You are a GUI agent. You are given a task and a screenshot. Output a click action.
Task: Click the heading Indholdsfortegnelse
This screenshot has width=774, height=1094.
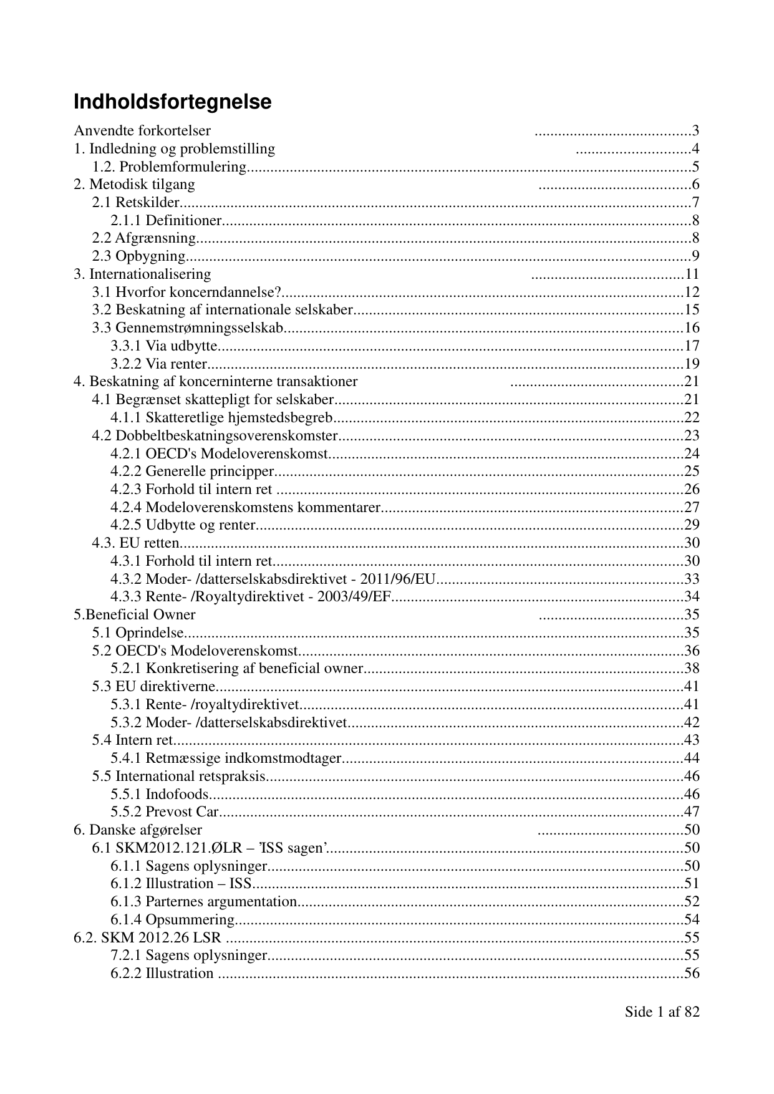[x=172, y=102]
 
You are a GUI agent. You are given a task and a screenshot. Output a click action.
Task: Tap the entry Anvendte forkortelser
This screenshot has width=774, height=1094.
[x=142, y=131]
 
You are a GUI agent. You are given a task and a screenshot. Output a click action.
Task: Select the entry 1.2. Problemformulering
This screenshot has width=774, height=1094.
[x=170, y=167]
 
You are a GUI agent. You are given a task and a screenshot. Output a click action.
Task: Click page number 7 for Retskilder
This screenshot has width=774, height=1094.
[x=695, y=203]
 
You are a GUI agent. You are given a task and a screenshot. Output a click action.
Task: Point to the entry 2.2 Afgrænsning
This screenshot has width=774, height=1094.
[x=144, y=238]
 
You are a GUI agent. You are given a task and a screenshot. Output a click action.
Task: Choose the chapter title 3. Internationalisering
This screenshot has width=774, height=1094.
[x=142, y=274]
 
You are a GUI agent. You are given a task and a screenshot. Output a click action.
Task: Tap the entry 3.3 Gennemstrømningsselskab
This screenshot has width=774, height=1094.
[x=188, y=328]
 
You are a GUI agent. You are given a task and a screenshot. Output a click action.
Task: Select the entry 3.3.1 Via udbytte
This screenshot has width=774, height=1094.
[x=164, y=346]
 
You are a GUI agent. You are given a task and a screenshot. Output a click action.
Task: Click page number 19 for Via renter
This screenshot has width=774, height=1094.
[x=692, y=364]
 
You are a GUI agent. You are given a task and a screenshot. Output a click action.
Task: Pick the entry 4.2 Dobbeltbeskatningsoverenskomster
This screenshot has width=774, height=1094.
[x=215, y=435]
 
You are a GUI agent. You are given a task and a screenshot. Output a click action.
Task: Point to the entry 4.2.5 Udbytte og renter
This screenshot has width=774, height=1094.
[x=183, y=525]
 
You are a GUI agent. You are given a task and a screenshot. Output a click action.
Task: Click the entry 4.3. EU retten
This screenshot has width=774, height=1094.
[x=136, y=543]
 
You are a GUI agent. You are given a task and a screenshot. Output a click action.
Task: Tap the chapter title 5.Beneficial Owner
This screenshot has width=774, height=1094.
[x=135, y=615]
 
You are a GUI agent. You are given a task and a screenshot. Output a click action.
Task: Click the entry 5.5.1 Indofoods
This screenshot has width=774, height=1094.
[x=160, y=795]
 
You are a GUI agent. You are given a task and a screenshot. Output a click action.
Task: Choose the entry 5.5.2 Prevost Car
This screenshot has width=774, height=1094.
[x=165, y=812]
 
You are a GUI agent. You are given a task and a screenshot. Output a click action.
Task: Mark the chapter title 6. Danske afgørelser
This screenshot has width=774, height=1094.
[x=138, y=830]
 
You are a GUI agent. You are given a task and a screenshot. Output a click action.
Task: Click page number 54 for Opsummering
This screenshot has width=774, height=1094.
[x=692, y=920]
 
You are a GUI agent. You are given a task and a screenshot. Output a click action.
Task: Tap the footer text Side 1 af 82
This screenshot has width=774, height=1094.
[x=662, y=1012]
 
